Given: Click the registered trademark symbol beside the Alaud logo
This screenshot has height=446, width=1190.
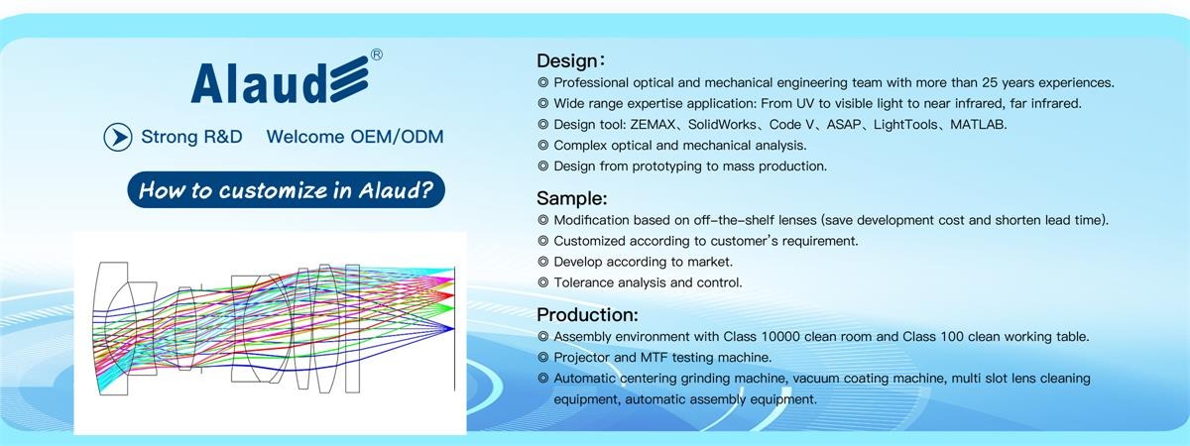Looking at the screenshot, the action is (376, 55).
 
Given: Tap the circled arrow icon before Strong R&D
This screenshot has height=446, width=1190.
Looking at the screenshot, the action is (118, 137).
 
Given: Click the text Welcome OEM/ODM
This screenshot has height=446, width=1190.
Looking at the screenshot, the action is (355, 137).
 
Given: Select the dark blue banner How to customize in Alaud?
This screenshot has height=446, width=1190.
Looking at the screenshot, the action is (287, 189).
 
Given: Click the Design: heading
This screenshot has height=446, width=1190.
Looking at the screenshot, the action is (570, 60).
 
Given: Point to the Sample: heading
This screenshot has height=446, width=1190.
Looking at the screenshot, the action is (571, 198).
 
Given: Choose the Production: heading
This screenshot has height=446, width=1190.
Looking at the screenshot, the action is (587, 315).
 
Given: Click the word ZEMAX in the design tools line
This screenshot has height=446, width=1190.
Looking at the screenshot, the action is (653, 125).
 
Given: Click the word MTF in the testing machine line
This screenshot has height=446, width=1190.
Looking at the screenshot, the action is (654, 358).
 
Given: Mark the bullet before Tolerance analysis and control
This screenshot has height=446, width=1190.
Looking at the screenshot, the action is (543, 282).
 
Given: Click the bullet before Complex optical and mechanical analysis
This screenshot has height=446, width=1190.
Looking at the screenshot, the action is (543, 146).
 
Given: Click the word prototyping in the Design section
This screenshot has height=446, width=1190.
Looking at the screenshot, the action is (666, 167).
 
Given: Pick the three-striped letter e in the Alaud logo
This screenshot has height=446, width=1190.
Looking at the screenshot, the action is (349, 79).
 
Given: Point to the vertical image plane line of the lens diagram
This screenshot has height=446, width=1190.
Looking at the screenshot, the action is (454, 329).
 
